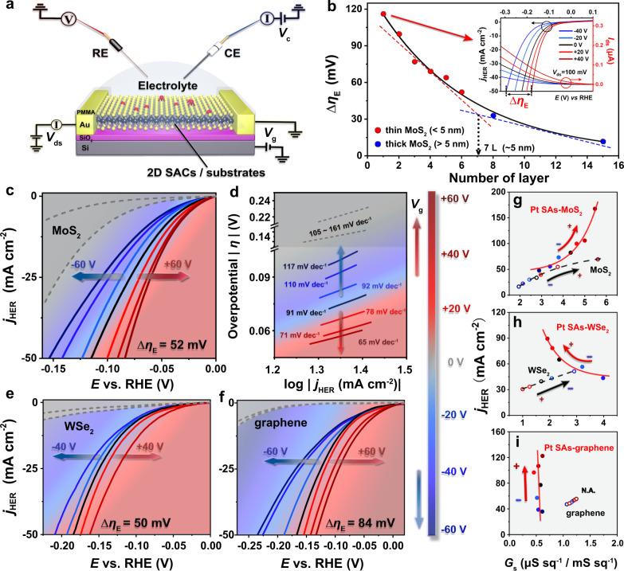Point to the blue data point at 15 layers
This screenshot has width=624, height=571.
(602, 142)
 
